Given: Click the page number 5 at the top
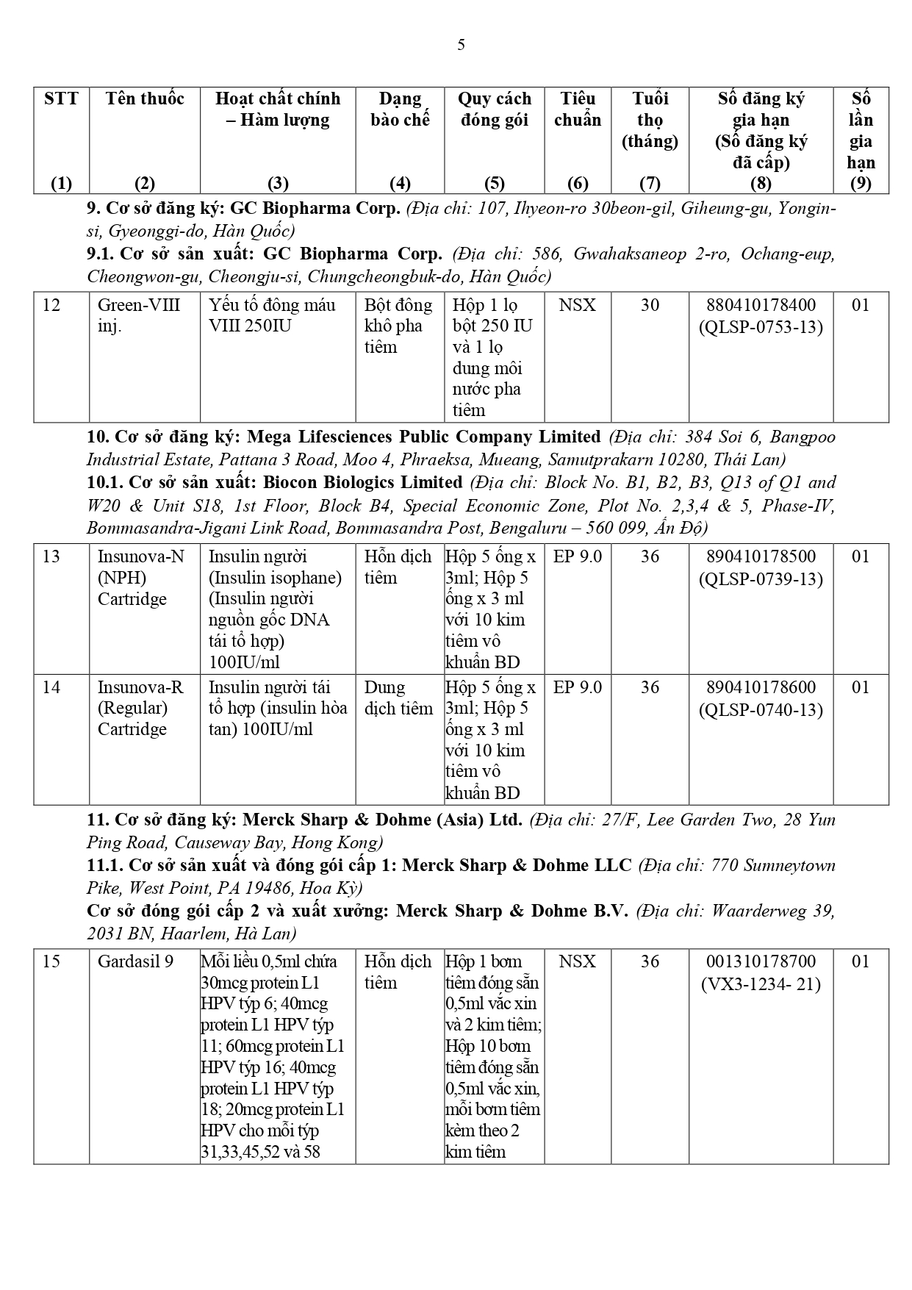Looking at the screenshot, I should pyautogui.click(x=461, y=45).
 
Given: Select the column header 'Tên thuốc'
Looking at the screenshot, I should pyautogui.click(x=145, y=98).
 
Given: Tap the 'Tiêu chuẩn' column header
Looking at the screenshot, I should pyautogui.click(x=577, y=109).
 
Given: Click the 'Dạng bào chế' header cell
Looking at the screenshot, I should pyautogui.click(x=400, y=109).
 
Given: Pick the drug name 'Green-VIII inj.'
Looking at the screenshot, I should pyautogui.click(x=139, y=315).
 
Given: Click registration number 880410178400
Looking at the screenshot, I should pyautogui.click(x=761, y=305).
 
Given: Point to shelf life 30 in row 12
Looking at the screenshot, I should pyautogui.click(x=650, y=305).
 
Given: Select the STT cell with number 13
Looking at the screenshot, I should pyautogui.click(x=51, y=556).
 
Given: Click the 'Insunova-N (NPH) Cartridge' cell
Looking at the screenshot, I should pyautogui.click(x=140, y=578).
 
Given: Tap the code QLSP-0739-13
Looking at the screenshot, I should pyautogui.click(x=761, y=579).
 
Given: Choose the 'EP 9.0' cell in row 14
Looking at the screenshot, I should pyautogui.click(x=577, y=687).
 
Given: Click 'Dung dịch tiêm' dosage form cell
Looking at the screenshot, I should pyautogui.click(x=398, y=698).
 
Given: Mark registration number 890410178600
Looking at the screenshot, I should pyautogui.click(x=761, y=687).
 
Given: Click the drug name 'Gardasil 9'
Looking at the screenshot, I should pyautogui.click(x=135, y=961).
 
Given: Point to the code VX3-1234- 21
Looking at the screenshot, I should pyautogui.click(x=761, y=984).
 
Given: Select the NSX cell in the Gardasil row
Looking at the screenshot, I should pyautogui.click(x=577, y=961).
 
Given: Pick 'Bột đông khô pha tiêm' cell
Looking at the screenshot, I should pyautogui.click(x=398, y=326).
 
